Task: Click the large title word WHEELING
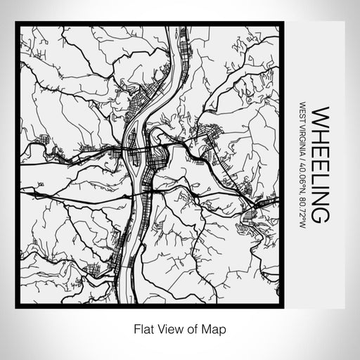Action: tap(319, 165)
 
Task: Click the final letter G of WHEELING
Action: tap(319, 214)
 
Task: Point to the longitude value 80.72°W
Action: tap(302, 214)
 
